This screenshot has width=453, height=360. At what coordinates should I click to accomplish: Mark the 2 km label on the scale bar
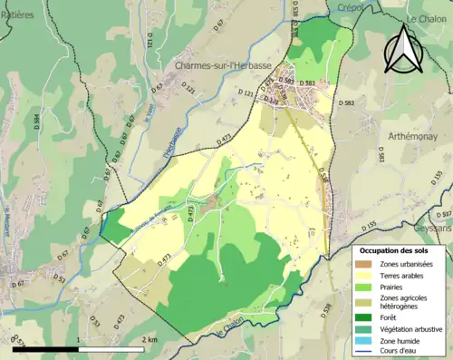[150, 339]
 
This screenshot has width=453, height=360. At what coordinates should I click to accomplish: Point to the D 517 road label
[443, 215]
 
